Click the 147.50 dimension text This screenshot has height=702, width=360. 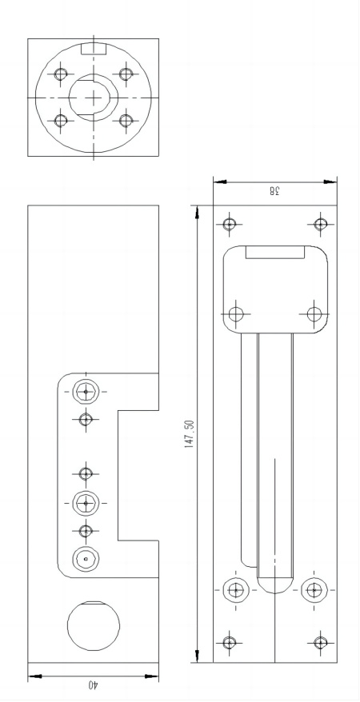click(190, 433)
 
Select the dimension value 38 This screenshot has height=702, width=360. click(274, 191)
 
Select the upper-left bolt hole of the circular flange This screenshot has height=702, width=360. click(60, 74)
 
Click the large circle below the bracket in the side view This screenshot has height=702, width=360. click(93, 625)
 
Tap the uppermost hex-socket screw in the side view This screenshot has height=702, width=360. click(86, 392)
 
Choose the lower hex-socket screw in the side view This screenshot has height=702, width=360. click(86, 503)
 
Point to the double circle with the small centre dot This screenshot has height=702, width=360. click(86, 559)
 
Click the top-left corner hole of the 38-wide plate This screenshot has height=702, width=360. click(230, 223)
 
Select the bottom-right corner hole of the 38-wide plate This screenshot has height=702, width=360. click(320, 641)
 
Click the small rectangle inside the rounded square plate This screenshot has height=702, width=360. click(274, 253)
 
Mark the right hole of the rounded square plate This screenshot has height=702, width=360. click(314, 312)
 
